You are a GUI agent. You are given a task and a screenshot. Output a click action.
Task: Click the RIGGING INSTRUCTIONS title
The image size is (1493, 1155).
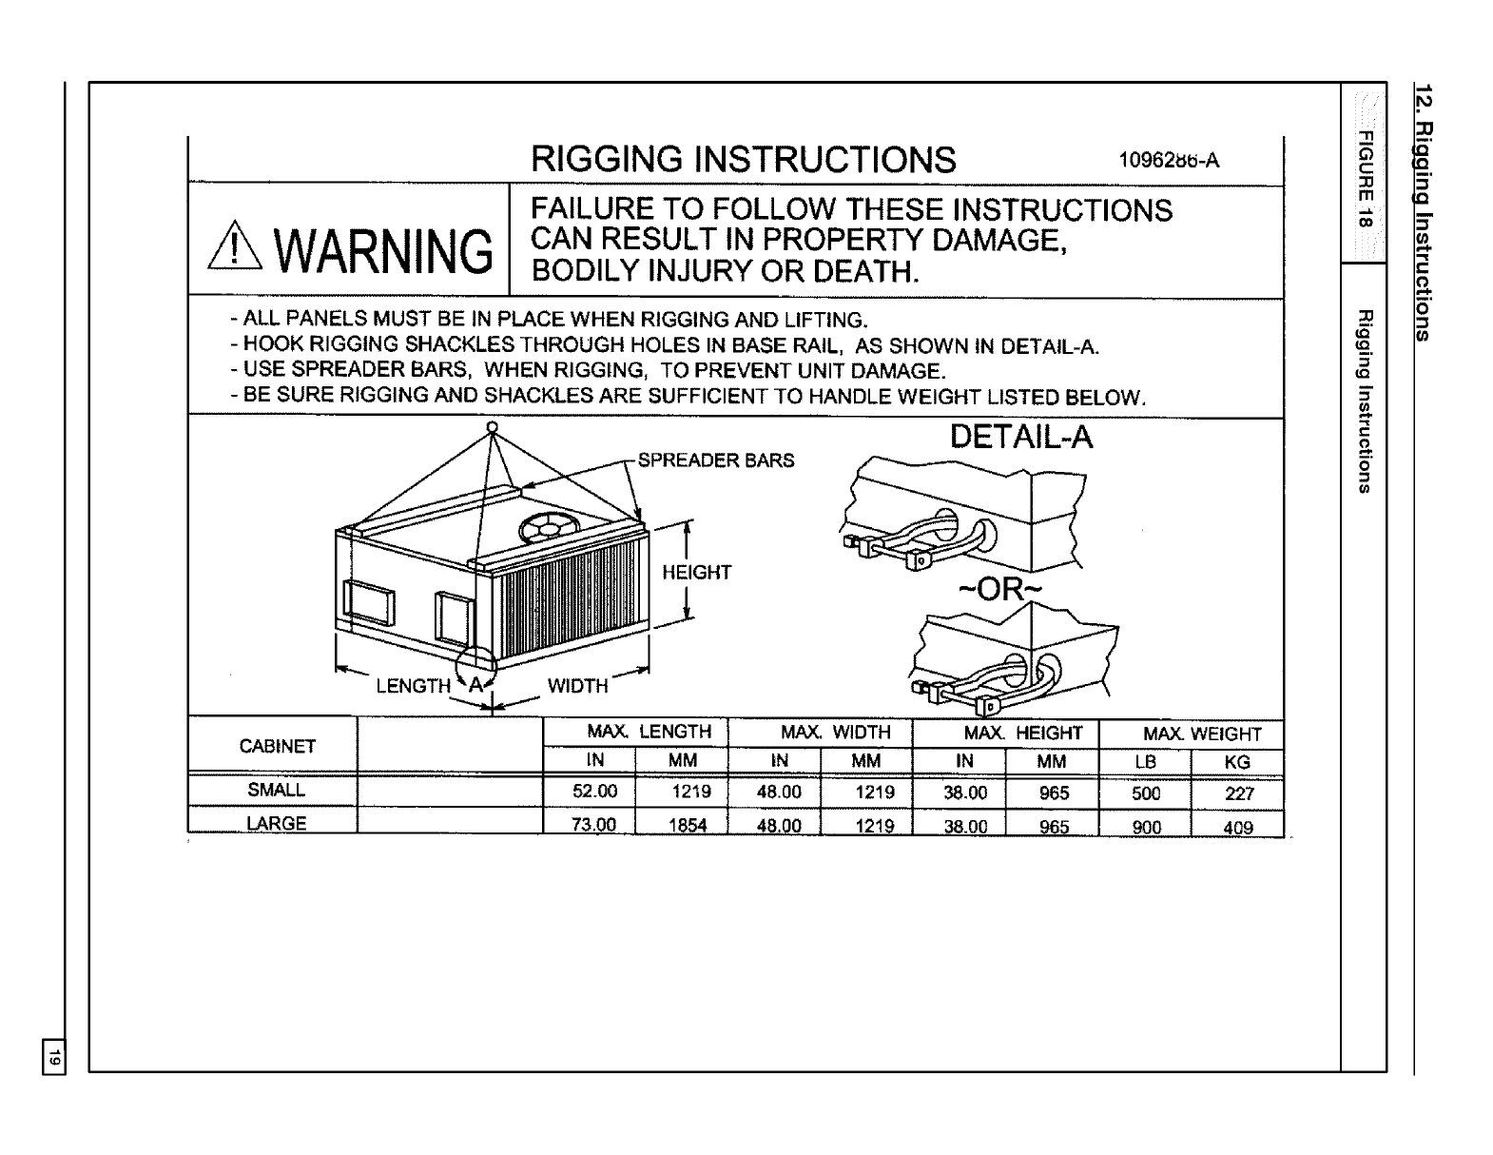[743, 160]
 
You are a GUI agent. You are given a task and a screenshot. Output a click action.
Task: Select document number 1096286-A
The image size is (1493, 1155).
[1168, 160]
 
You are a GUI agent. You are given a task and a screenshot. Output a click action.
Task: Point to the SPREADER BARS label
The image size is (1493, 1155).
[715, 461]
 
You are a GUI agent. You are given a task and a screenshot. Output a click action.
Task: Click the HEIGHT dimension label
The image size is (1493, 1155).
[696, 572]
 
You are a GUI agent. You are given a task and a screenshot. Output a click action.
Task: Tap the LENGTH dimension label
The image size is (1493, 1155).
[413, 685]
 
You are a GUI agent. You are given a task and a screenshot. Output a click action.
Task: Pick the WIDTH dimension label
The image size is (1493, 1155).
[577, 685]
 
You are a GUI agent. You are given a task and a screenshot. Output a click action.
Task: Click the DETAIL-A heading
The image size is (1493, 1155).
[1021, 437]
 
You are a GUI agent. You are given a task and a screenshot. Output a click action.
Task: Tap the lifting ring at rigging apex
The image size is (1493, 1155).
[492, 426]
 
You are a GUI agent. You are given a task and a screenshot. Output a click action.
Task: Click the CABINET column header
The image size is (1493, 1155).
[277, 747]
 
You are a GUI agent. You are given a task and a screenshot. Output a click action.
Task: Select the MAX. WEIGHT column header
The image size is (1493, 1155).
[1202, 734]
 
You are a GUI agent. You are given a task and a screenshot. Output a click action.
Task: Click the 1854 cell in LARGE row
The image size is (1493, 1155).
[688, 826]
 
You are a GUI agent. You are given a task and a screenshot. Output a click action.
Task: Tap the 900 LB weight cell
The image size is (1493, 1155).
[1147, 827]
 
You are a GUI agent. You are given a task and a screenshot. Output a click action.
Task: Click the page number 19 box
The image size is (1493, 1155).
[55, 1056]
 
